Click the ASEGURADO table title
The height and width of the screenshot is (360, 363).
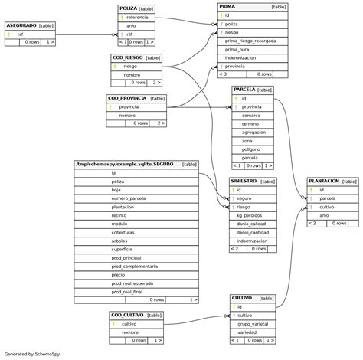tap(21, 25)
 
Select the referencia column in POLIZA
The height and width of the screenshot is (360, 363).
tap(137, 17)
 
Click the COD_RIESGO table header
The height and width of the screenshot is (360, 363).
tap(127, 57)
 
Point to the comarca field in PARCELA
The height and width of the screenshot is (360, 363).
tap(252, 115)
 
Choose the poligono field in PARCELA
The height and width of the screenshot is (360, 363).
tap(252, 149)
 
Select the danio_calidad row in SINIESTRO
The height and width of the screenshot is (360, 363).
tap(252, 224)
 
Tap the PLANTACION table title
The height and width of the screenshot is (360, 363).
tap(324, 182)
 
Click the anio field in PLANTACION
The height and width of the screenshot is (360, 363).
tap(324, 215)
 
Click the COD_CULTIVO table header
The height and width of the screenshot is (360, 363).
tap(126, 315)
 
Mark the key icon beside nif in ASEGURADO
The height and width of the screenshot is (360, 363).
tap(8, 34)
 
